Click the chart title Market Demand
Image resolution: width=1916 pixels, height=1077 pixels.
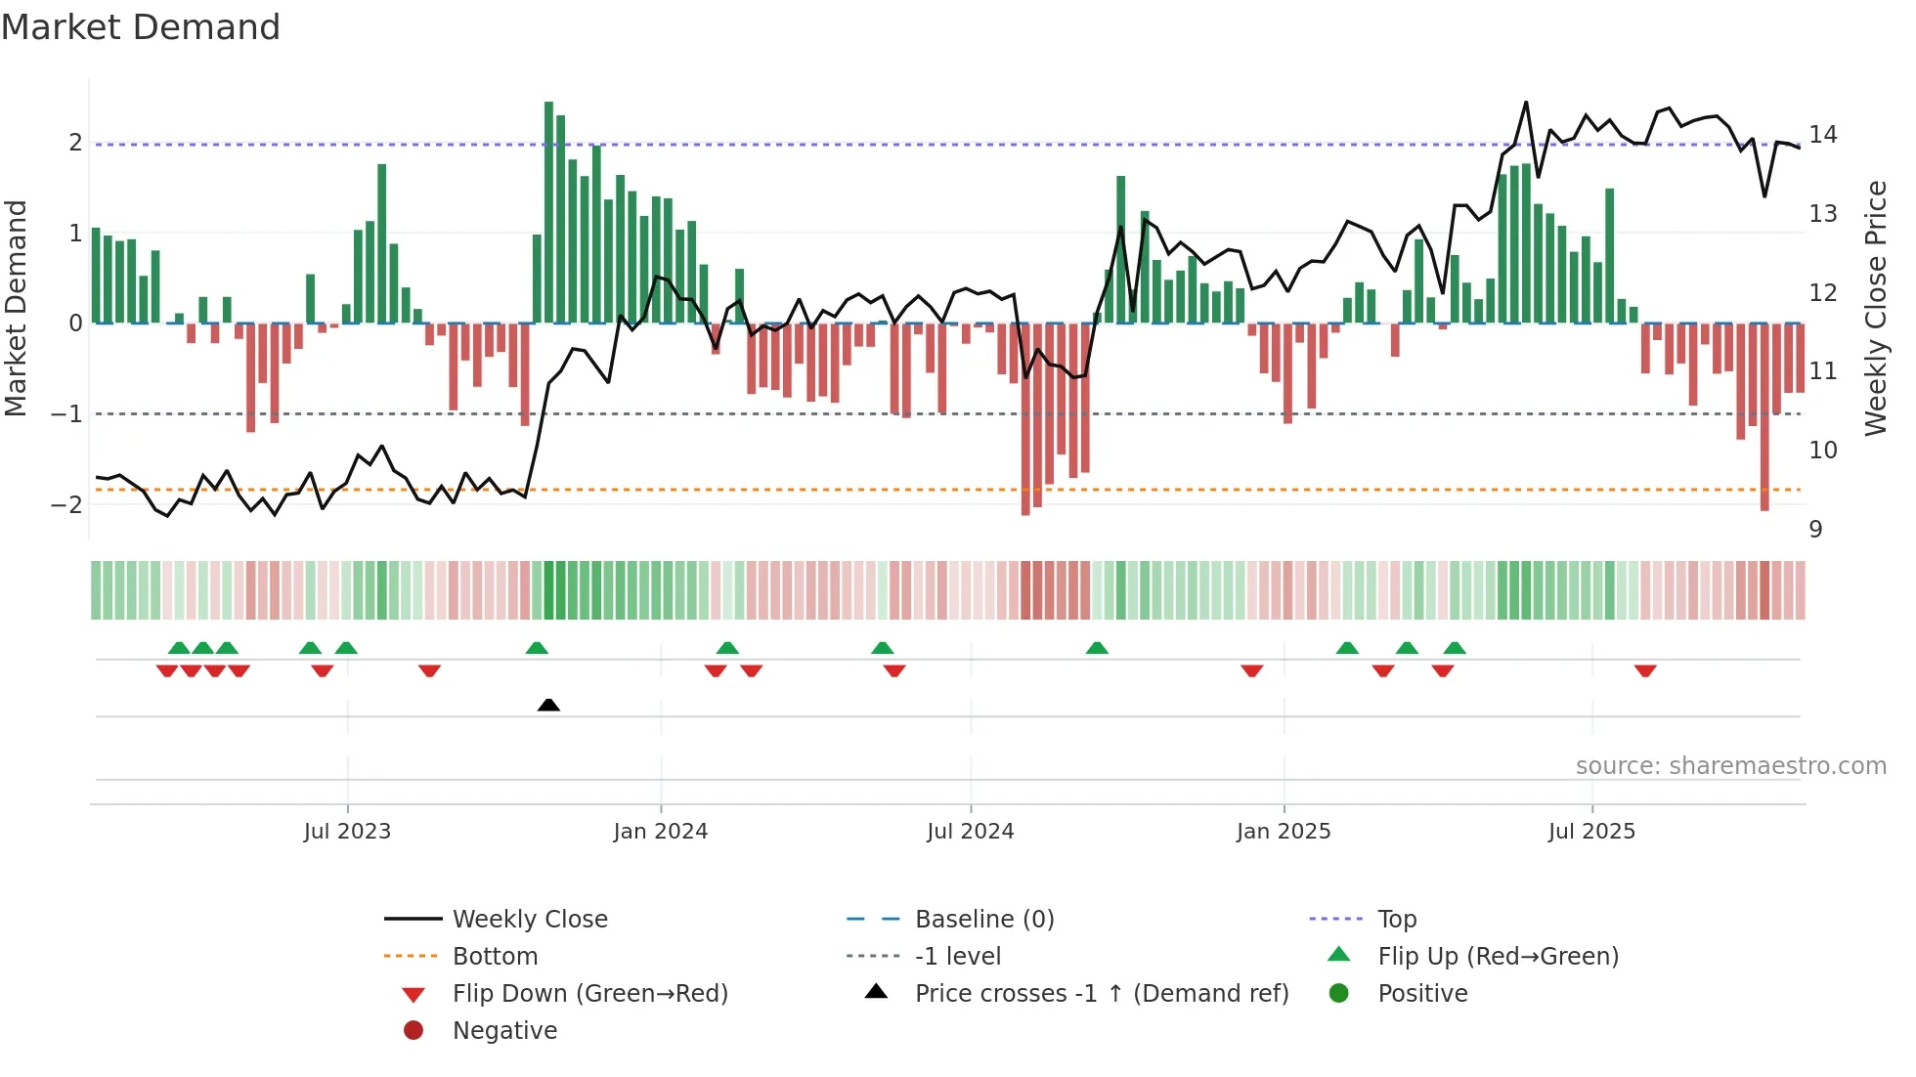tap(141, 27)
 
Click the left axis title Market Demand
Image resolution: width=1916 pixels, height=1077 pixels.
tap(17, 308)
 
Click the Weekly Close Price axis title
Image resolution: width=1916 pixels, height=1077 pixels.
tap(1875, 308)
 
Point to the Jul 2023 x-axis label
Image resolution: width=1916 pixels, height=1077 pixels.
tap(347, 832)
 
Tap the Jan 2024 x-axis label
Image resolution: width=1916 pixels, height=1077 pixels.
tap(660, 832)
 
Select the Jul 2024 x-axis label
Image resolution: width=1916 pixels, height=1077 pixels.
tap(970, 832)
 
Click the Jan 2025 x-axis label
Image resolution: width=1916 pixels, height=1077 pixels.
tap(1283, 832)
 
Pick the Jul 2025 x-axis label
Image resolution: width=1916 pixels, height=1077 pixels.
tap(1591, 832)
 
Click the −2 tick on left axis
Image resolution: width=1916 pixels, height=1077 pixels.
tap(66, 505)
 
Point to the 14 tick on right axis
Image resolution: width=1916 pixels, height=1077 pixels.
tap(1822, 135)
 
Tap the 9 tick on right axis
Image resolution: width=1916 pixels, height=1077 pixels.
tap(1815, 530)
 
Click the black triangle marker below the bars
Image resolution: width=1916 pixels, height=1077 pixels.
tap(548, 705)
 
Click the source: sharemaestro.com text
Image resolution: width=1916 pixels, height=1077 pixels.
tap(1730, 766)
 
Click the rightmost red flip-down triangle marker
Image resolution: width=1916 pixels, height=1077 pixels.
tap(1645, 670)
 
